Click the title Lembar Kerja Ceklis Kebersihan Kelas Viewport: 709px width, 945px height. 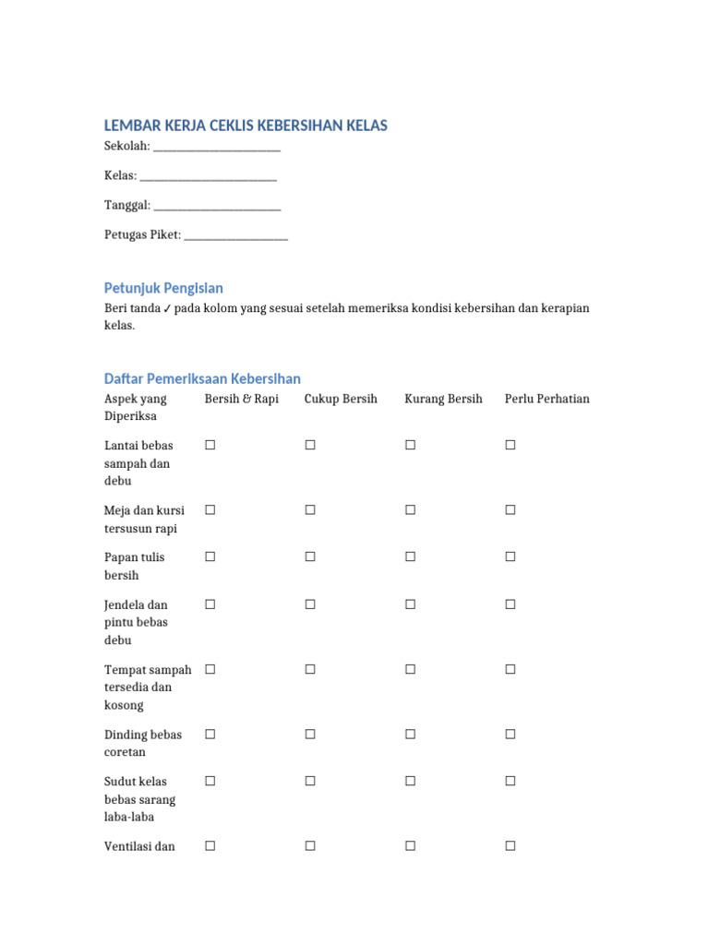(x=246, y=126)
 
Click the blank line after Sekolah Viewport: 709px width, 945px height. (x=216, y=148)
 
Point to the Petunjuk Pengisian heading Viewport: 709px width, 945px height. (x=163, y=288)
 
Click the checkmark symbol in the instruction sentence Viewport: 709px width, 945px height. (x=166, y=308)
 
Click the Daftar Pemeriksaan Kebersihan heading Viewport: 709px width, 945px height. (x=202, y=378)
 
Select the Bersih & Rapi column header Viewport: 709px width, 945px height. (x=241, y=399)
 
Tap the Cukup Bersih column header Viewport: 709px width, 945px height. (x=341, y=399)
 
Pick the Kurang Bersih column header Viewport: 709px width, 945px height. (x=443, y=399)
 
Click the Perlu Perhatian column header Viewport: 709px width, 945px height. (x=547, y=399)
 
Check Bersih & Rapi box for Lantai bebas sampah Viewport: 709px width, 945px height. (x=210, y=445)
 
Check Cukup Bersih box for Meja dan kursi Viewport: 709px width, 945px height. (x=310, y=509)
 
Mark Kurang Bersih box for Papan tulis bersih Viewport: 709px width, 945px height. (x=410, y=556)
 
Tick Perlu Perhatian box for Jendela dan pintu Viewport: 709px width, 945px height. (x=510, y=604)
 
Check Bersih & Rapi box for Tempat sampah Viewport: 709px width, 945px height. (x=210, y=669)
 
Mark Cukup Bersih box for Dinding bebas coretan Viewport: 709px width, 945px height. (x=310, y=735)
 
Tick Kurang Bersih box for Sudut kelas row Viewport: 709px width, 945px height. (x=410, y=781)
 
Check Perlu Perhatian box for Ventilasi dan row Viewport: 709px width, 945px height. (x=510, y=845)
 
